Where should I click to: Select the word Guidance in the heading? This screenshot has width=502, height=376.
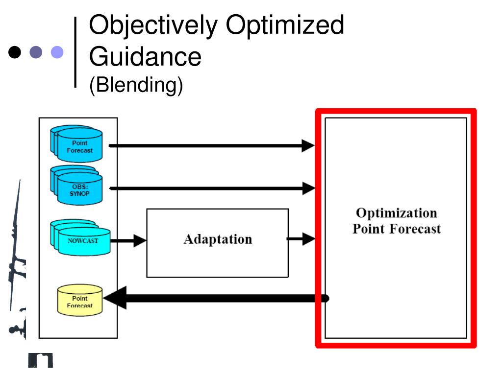point(145,57)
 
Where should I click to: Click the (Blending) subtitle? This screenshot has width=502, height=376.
point(136,85)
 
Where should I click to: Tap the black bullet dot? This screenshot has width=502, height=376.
point(15,52)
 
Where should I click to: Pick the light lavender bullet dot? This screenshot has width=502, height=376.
point(57,52)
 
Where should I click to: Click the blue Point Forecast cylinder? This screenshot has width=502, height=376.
point(76,144)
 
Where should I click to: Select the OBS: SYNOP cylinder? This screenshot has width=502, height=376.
point(76,186)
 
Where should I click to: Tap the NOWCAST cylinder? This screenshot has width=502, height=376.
point(80,237)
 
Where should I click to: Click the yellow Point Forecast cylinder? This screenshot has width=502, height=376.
point(80,300)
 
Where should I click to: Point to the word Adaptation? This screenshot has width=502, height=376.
point(218,239)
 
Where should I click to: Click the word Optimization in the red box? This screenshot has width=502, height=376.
point(396,213)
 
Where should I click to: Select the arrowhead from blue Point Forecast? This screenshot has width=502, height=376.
point(308,146)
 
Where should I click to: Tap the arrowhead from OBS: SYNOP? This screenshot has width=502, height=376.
point(309,188)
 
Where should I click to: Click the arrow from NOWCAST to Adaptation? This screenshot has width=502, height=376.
point(128,240)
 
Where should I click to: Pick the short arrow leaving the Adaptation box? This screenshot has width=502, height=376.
point(301,239)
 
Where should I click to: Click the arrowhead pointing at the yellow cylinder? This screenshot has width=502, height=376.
point(115,298)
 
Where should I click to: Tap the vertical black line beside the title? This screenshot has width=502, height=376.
point(75,52)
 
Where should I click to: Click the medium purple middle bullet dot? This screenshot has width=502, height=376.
point(36,52)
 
